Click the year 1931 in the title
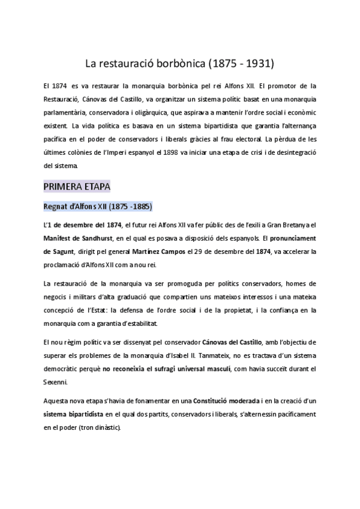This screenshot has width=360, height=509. pos(259,62)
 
